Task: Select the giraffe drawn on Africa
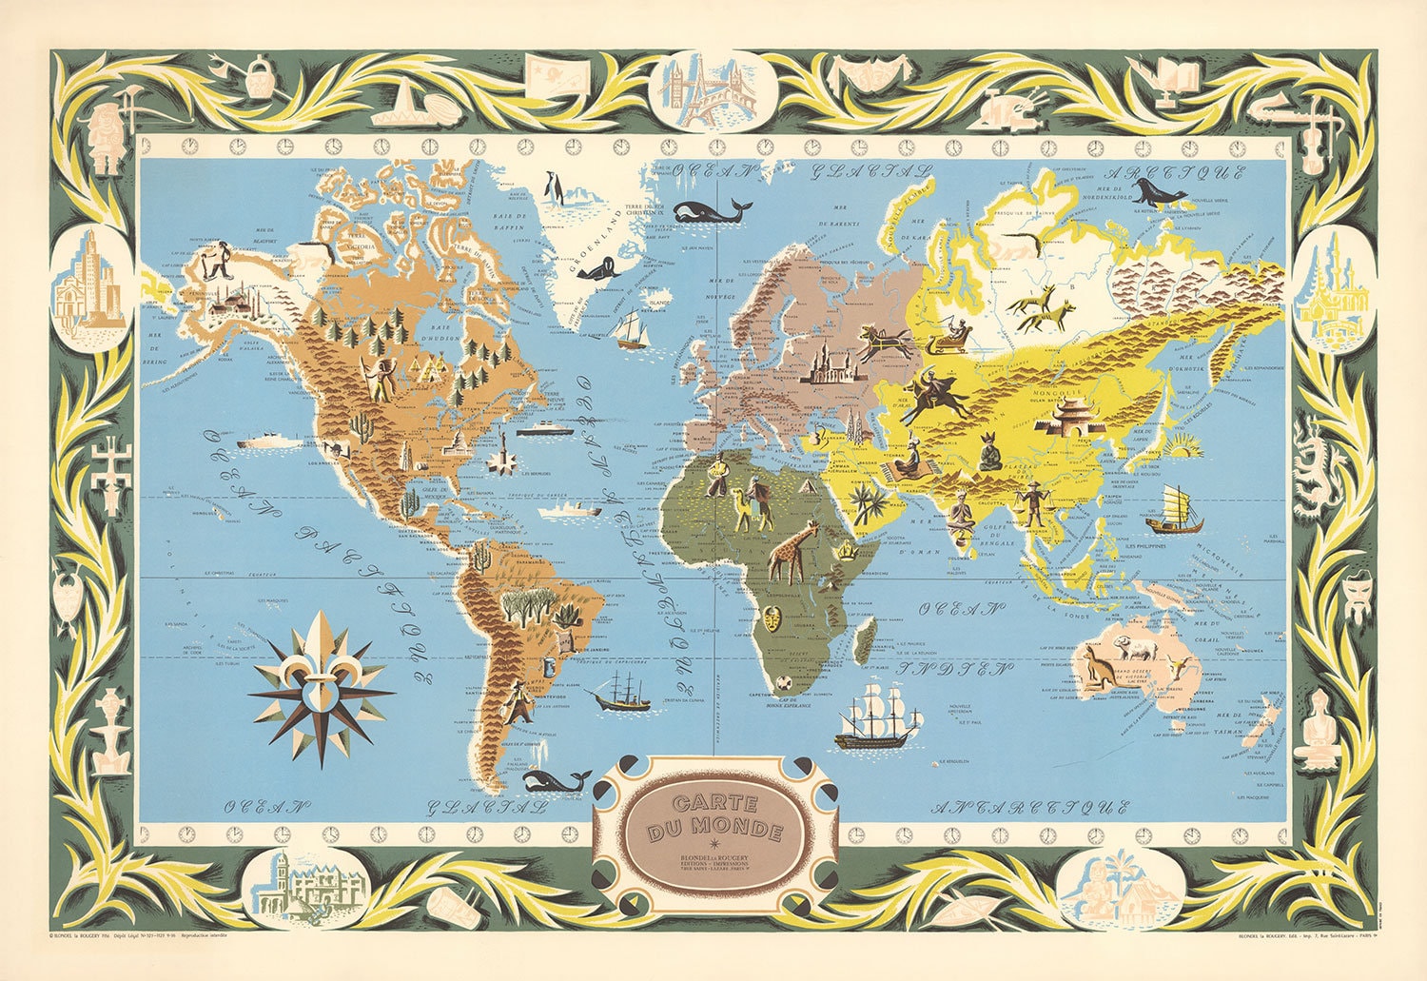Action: click(792, 552)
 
